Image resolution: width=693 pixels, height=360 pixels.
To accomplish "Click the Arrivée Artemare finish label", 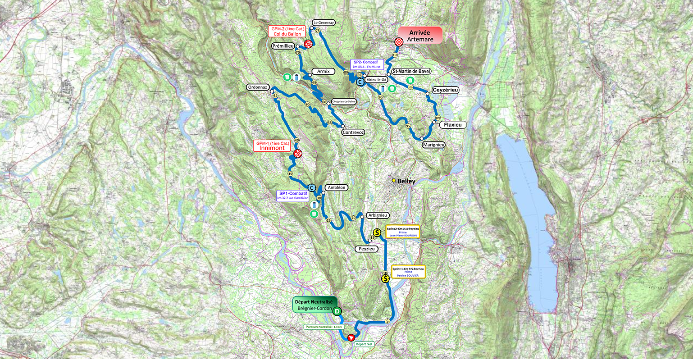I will pyautogui.click(x=420, y=36).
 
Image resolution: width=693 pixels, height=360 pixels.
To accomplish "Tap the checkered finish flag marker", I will pyautogui.click(x=399, y=42).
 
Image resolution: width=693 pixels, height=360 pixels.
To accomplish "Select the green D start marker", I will pyautogui.click(x=337, y=311).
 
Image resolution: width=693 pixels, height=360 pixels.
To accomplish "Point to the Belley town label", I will pyautogui.click(x=406, y=181).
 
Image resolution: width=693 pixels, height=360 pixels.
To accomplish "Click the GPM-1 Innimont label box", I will pyautogui.click(x=271, y=146).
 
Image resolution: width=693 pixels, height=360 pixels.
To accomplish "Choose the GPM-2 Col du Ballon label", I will pyautogui.click(x=287, y=31).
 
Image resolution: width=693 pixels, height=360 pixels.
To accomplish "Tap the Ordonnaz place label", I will pyautogui.click(x=258, y=87).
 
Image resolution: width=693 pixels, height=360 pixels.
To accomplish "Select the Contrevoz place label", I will pyautogui.click(x=353, y=132).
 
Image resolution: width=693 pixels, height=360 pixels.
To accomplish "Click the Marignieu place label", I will pyautogui.click(x=433, y=145).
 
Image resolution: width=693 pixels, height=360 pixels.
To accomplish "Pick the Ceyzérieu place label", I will pyautogui.click(x=445, y=90).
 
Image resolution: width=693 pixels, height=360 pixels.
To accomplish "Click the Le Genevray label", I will pyautogui.click(x=324, y=23).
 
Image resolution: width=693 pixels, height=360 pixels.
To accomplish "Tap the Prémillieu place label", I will pyautogui.click(x=283, y=46).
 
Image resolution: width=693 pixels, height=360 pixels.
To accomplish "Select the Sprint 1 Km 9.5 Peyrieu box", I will pyautogui.click(x=408, y=272).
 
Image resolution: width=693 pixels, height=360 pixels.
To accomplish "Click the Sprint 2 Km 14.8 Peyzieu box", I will pyautogui.click(x=402, y=232).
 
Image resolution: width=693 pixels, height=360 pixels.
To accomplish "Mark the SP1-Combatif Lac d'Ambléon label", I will pyautogui.click(x=293, y=196).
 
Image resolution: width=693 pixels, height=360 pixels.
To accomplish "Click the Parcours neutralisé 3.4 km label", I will pyautogui.click(x=324, y=327).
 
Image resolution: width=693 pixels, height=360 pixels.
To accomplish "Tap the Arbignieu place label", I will pyautogui.click(x=377, y=215).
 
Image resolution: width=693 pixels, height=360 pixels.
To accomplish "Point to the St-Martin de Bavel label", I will pyautogui.click(x=411, y=71).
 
